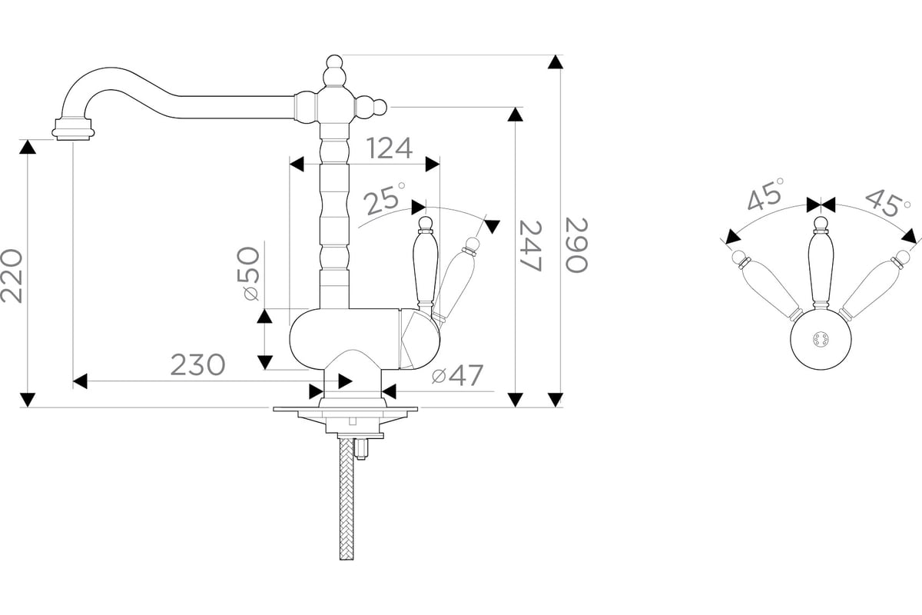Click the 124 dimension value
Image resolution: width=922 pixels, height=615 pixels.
(389, 148)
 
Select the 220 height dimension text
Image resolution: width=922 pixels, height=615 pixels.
(12, 275)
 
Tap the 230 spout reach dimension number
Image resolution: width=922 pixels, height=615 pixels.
(198, 365)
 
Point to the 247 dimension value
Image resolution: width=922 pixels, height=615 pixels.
(531, 246)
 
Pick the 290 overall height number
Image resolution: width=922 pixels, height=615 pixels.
(577, 245)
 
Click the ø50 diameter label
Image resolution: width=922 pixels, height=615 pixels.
(248, 274)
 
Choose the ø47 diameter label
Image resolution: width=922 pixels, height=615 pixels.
(457, 375)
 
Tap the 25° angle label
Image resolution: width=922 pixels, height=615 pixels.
(384, 198)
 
